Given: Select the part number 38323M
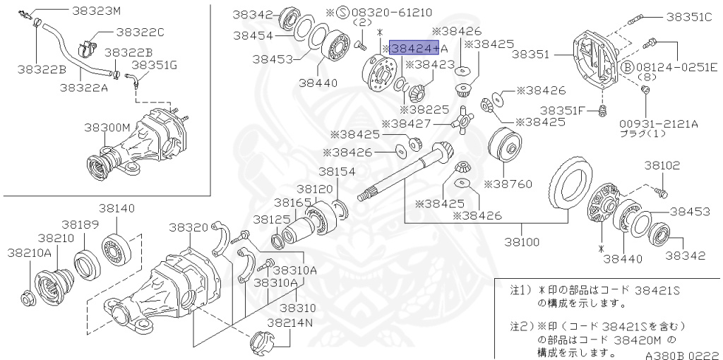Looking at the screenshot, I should [x=96, y=11].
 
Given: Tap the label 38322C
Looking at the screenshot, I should [x=140, y=32].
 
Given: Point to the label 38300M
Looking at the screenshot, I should [x=107, y=127].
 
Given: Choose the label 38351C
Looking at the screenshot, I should [x=689, y=17].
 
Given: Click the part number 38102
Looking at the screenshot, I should [x=662, y=165].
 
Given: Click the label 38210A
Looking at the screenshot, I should [x=28, y=252].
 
